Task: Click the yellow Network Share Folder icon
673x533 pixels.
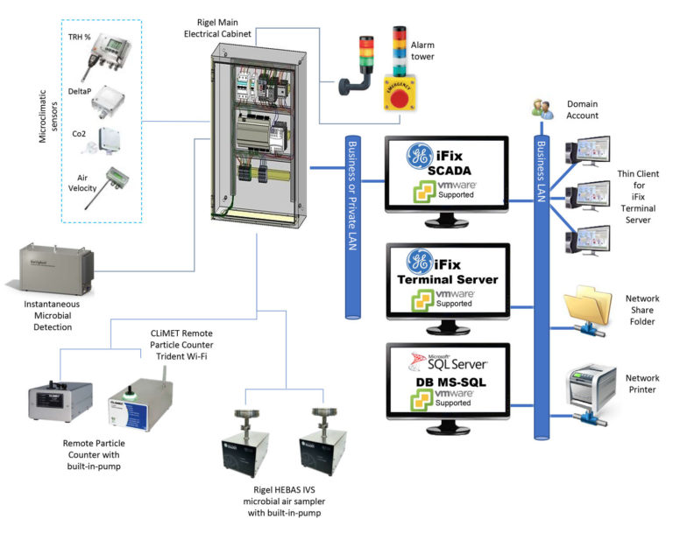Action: (587, 311)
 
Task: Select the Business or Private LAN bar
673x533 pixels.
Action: (355, 228)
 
